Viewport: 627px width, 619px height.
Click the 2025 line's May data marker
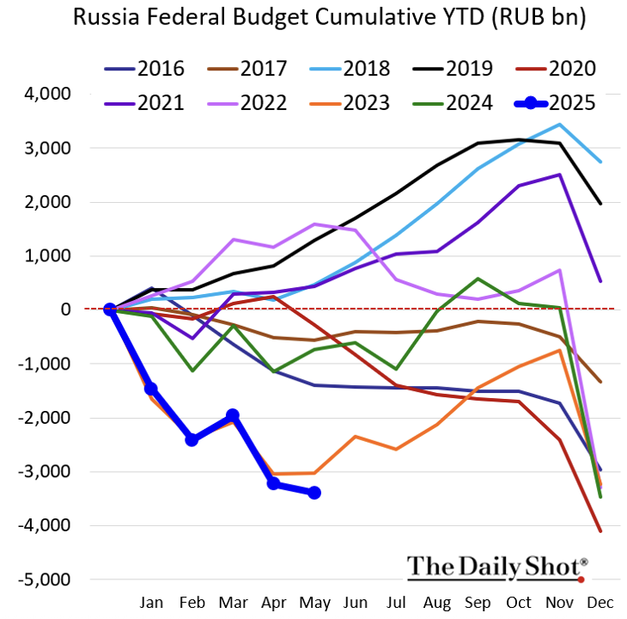tap(314, 493)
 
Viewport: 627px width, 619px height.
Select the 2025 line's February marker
tap(192, 439)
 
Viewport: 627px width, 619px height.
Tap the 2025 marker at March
tap(233, 415)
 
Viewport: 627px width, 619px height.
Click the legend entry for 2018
tap(350, 69)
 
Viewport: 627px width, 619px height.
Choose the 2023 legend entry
tap(350, 103)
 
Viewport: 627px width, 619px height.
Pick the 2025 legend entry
tap(556, 103)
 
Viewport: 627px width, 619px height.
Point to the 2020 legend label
tap(572, 69)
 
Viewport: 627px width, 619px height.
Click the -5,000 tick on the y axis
tap(45, 579)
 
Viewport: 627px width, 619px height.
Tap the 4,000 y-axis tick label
tap(47, 94)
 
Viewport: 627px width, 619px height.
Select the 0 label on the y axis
tap(65, 309)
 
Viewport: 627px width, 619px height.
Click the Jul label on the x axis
tap(396, 602)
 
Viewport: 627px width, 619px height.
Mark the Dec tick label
tap(600, 602)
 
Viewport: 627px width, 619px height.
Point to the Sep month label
tap(478, 603)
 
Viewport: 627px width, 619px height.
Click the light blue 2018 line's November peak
tap(559, 125)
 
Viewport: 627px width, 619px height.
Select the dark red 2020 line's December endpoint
tap(600, 531)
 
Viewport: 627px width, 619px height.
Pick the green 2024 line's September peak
tap(478, 279)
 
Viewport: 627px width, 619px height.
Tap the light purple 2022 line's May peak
tap(314, 224)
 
